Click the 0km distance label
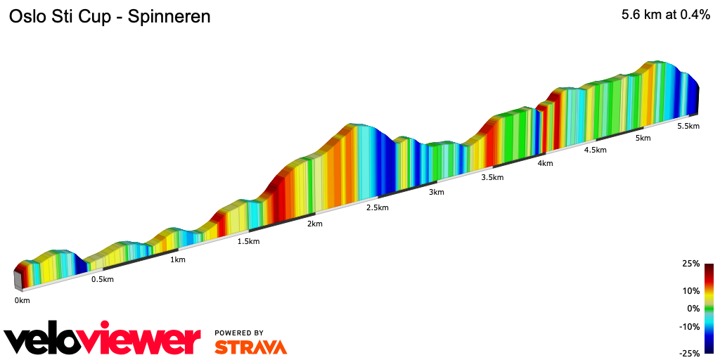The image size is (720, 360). pos(22,300)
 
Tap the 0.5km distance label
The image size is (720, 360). pos(102,279)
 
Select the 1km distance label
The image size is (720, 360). pos(178,259)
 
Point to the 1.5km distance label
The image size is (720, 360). pos(248,241)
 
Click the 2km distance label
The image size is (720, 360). pos(314,224)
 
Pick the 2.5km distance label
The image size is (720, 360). pos(377,207)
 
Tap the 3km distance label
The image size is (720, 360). pos(436,192)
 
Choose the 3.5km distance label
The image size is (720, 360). pos(492,177)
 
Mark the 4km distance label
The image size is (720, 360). pos(545,163)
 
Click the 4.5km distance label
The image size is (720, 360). pos(595,150)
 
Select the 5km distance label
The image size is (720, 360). pos(643,138)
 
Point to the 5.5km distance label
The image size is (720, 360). pos(688,126)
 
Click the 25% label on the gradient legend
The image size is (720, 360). pos(691,264)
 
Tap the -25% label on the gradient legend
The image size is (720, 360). pos(689,353)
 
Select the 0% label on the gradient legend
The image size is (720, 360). pos(693,308)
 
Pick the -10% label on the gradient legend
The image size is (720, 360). pos(689,326)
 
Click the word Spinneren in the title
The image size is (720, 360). pos(167,16)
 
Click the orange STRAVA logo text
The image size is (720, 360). pos(250,347)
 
